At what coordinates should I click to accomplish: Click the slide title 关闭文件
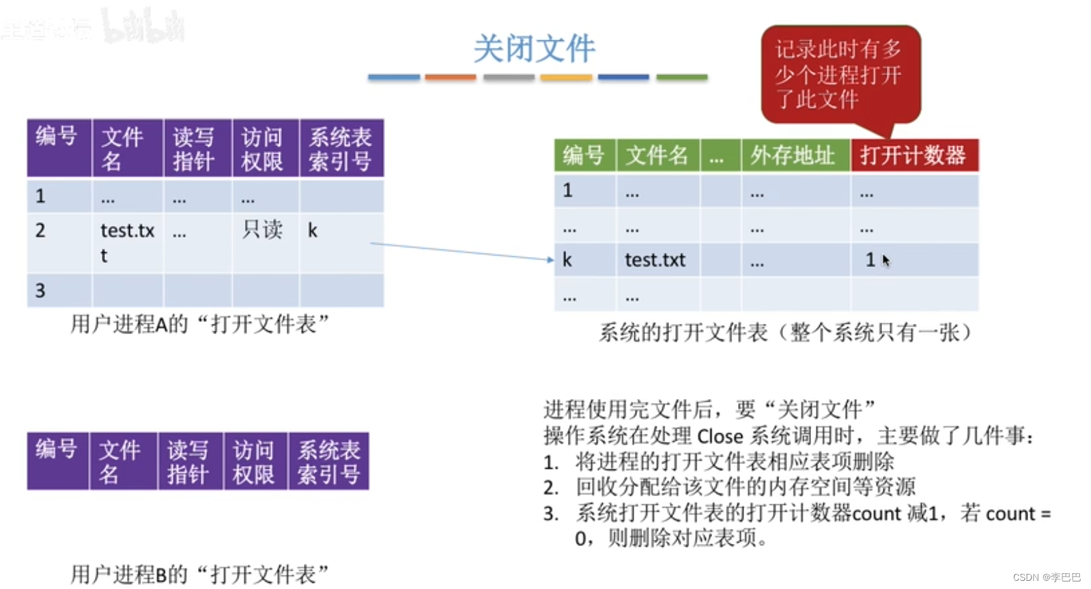coord(534,49)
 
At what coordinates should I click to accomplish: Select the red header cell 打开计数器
coord(913,155)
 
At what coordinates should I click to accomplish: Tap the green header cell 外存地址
coord(794,155)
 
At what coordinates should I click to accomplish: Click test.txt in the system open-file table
coord(655,260)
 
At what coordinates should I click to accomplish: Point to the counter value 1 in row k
coord(870,260)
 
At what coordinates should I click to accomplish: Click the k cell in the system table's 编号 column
coord(567,260)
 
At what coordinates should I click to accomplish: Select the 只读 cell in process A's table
coord(262,230)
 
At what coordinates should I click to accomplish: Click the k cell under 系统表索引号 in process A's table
coord(313,230)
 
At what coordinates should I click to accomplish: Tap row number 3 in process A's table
coord(40,290)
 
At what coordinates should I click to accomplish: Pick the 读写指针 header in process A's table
coord(194,149)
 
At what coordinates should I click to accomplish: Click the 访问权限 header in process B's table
coord(254,461)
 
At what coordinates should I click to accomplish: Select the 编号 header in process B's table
coord(56,450)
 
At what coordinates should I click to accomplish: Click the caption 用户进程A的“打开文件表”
coord(199,324)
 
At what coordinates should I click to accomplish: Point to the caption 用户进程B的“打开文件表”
coord(199,574)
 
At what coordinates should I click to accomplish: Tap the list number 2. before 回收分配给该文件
coord(551,487)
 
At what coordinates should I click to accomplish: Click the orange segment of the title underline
coord(450,78)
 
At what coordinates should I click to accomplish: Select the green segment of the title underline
coord(681,78)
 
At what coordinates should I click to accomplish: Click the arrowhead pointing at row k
coord(550,260)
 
